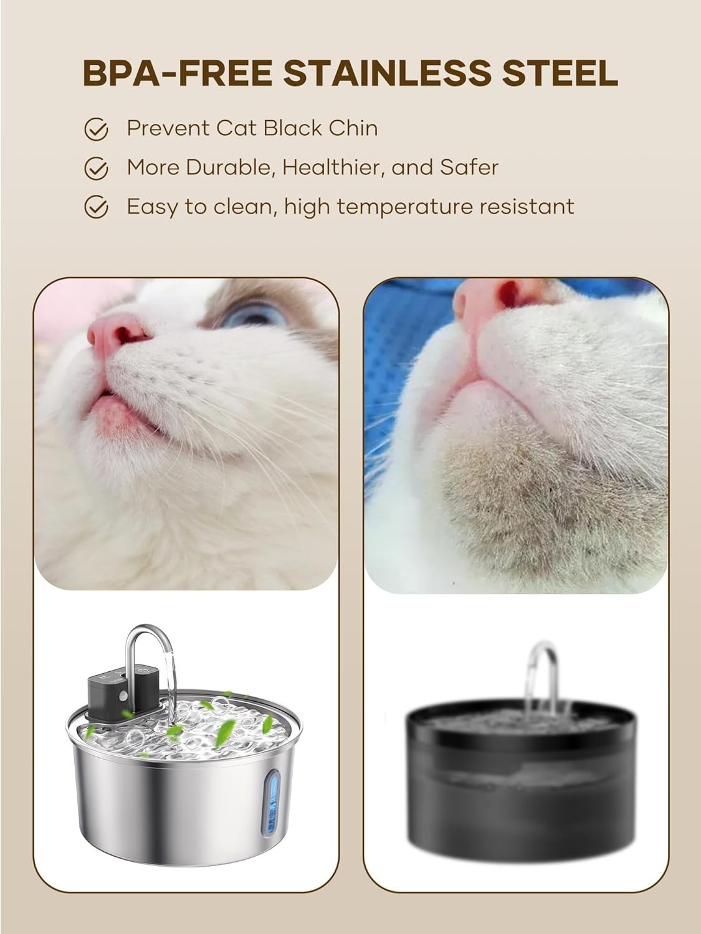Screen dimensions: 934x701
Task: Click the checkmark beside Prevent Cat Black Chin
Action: [x=96, y=130]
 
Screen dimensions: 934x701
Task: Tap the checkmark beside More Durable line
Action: [x=96, y=168]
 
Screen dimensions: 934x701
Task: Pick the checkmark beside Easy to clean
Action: [x=96, y=207]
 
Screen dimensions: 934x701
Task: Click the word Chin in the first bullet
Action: [x=353, y=128]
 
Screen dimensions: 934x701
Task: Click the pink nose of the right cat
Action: [x=483, y=302]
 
